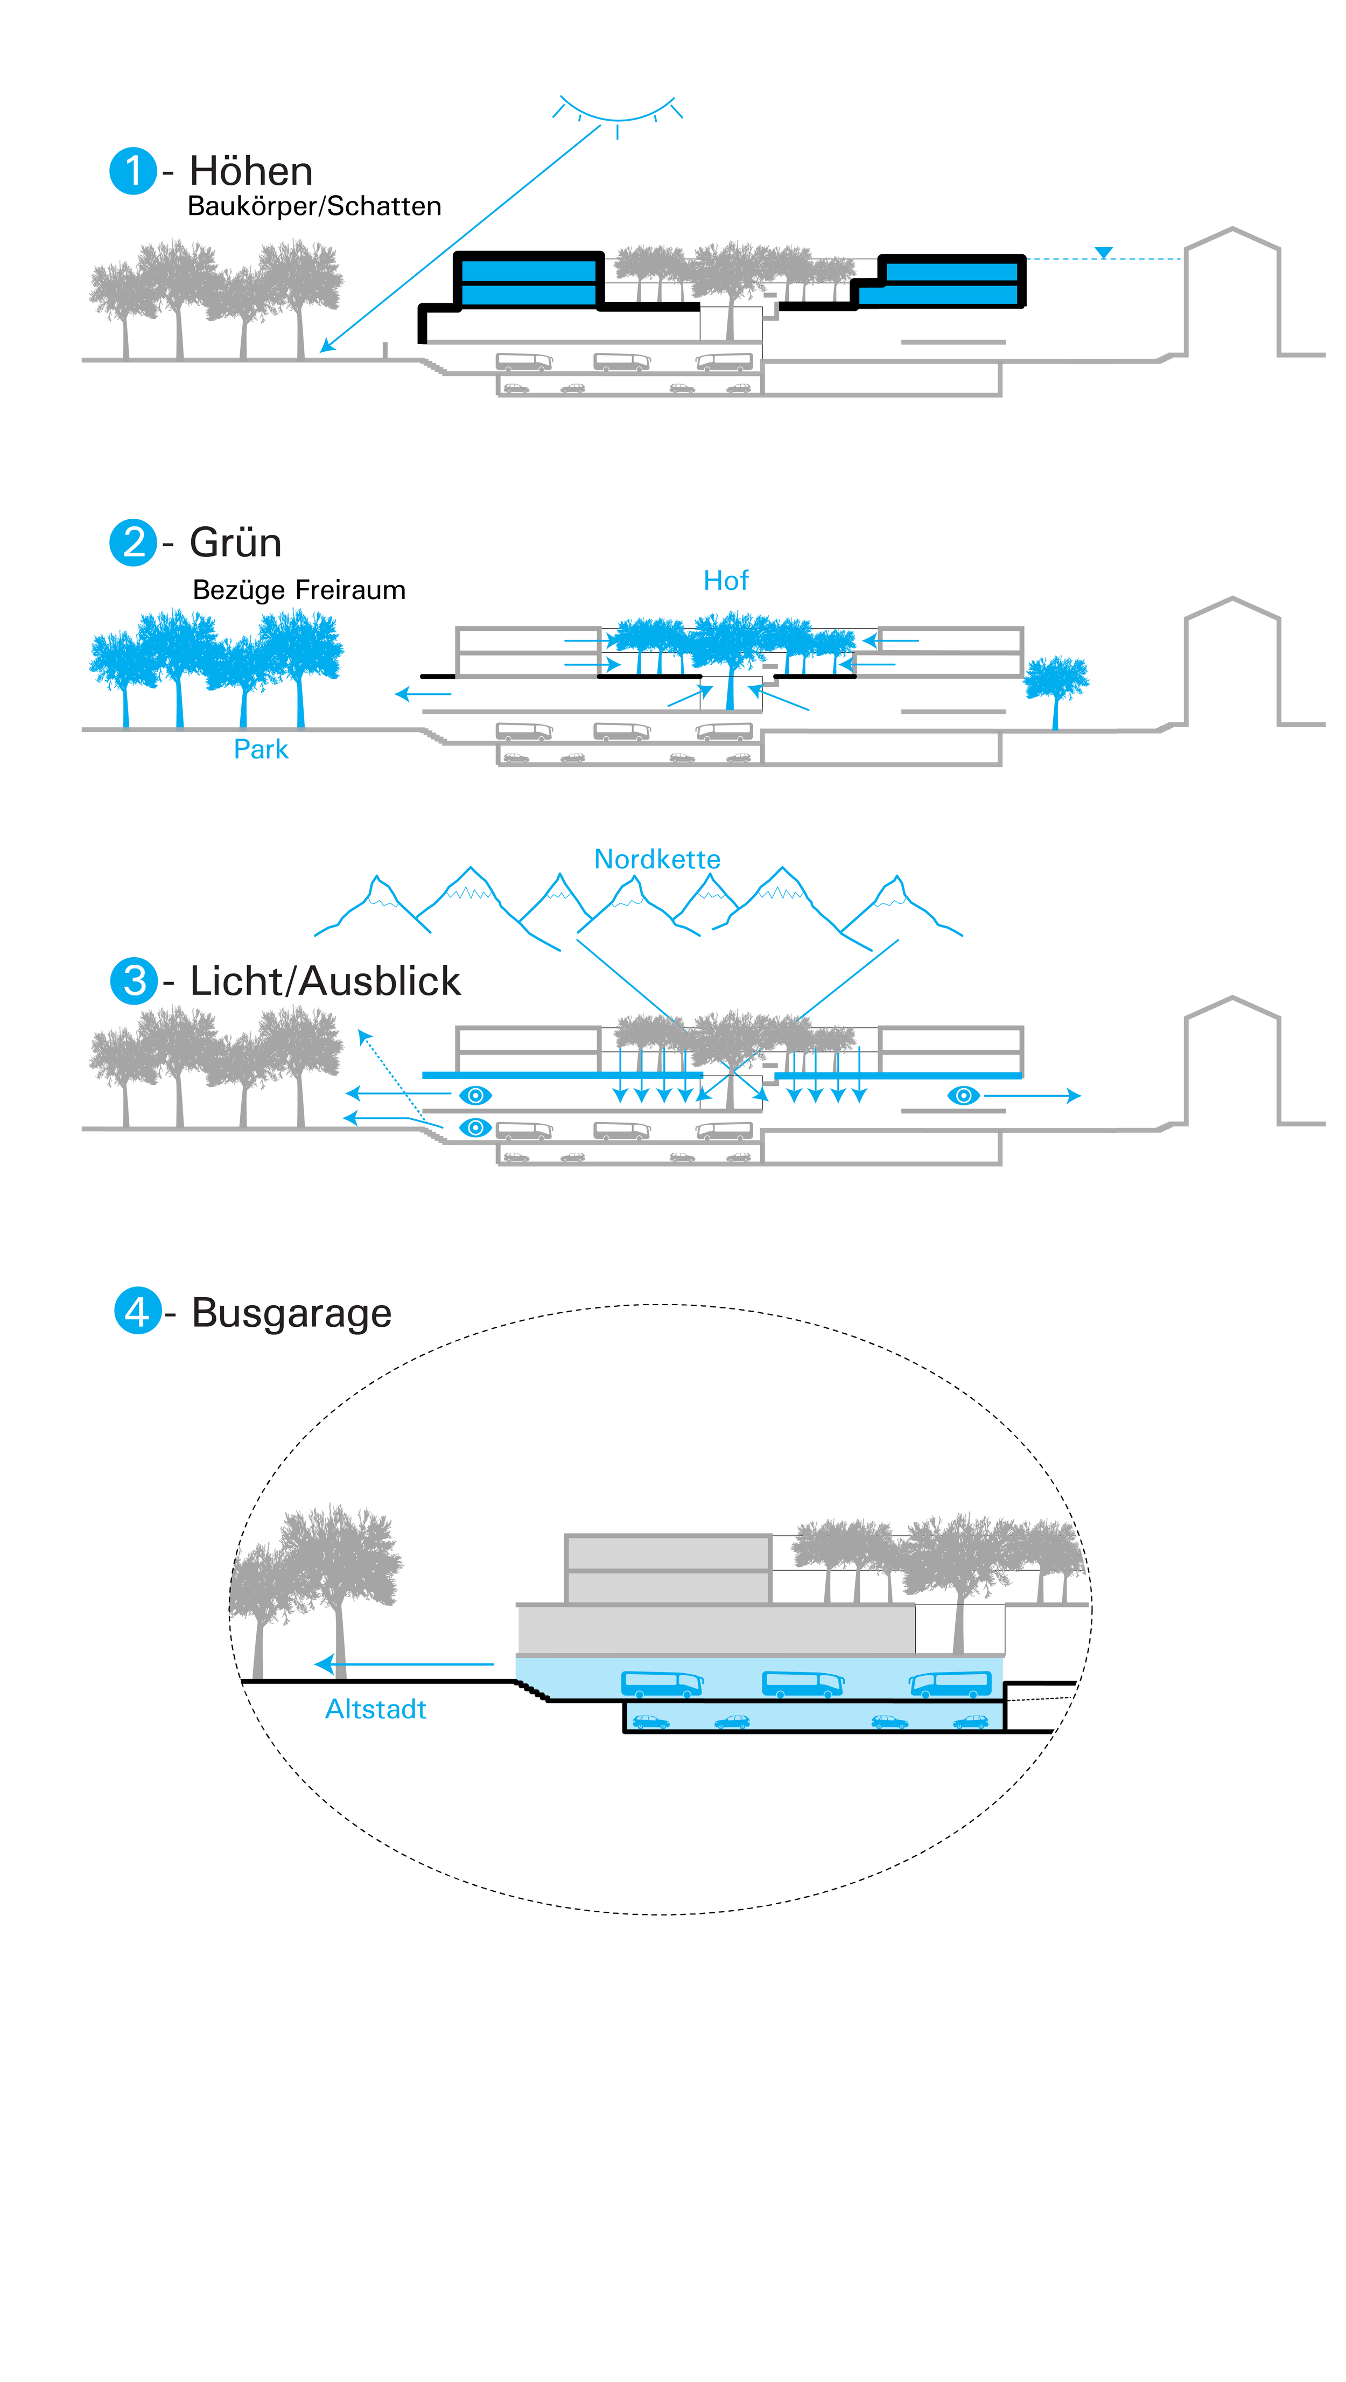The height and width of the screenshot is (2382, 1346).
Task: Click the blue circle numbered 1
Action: click(133, 171)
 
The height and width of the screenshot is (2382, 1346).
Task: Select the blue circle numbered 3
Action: click(134, 980)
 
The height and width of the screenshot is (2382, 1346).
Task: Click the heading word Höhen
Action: click(250, 171)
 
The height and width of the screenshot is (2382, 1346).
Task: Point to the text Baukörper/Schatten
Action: click(314, 206)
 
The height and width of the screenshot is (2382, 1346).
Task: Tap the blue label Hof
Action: click(726, 581)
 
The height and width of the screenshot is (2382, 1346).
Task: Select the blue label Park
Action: click(261, 749)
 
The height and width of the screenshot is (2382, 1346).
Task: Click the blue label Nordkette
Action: click(657, 859)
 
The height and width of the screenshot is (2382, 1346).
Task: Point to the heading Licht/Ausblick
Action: click(325, 981)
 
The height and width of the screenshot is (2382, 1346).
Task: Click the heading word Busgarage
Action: click(291, 1313)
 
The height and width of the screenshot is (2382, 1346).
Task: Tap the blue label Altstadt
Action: click(375, 1709)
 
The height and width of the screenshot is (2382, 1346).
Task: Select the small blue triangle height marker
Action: click(1103, 253)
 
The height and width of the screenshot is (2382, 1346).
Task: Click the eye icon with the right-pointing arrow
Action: click(963, 1096)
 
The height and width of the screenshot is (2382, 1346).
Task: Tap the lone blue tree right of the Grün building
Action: click(1056, 684)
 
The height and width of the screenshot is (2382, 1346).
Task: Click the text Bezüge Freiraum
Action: click(299, 590)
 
